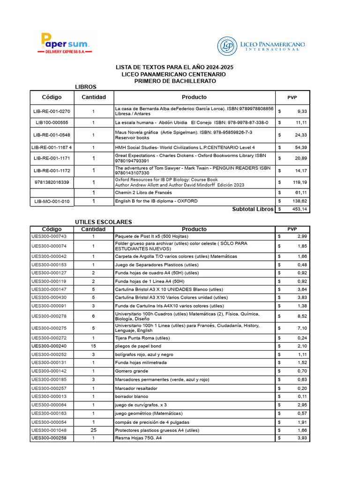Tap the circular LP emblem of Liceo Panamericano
click(227, 46)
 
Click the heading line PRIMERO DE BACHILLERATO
click(175, 81)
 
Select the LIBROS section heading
click(86, 87)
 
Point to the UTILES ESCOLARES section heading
click(104, 222)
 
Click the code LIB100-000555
click(52, 122)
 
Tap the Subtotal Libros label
click(252, 209)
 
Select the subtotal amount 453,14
click(299, 209)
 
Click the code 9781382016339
click(52, 182)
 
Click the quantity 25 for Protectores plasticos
click(93, 430)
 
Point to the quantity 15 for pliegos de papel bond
click(93, 346)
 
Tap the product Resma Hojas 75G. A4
click(138, 438)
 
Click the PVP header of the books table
click(292, 97)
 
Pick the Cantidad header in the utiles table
click(93, 229)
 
